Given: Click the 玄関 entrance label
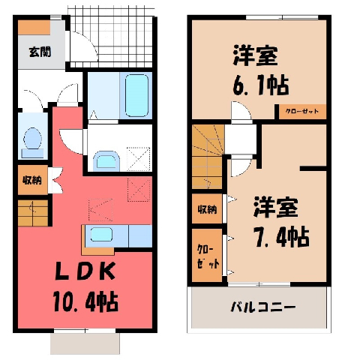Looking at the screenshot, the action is pyautogui.click(x=40, y=52).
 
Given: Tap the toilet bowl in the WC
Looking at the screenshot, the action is pyautogui.click(x=32, y=138).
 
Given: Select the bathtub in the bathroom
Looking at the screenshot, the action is pyautogui.click(x=136, y=95).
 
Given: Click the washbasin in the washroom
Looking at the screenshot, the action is pyautogui.click(x=106, y=160).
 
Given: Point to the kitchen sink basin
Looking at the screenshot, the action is pyautogui.click(x=101, y=235).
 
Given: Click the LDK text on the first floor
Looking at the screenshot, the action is pyautogui.click(x=85, y=271).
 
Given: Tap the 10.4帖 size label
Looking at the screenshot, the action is pyautogui.click(x=85, y=301).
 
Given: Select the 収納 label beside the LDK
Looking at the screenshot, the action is pyautogui.click(x=32, y=180).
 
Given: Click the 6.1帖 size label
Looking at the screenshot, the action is pyautogui.click(x=261, y=85).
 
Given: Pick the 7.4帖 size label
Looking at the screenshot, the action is pyautogui.click(x=281, y=237).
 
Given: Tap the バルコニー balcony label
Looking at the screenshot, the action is pyautogui.click(x=262, y=307).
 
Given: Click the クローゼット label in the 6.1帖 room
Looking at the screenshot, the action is pyautogui.click(x=302, y=111).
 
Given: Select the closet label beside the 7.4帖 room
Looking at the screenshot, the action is pyautogui.click(x=208, y=256).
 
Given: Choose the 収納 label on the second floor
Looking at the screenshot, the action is pyautogui.click(x=207, y=209).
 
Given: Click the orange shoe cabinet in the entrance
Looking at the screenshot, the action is pyautogui.click(x=34, y=28).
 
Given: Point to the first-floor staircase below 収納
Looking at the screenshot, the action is pyautogui.click(x=33, y=213).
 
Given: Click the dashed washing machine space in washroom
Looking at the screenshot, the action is pyautogui.click(x=139, y=159).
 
